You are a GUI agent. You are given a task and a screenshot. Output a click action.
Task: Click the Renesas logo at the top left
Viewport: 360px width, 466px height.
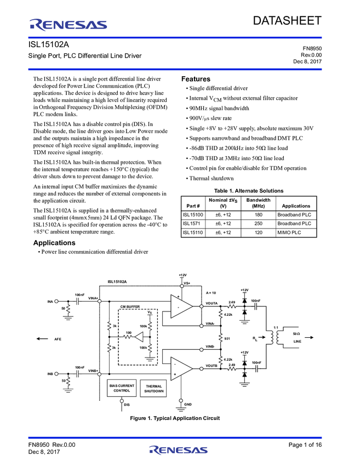pyautogui.click(x=68, y=25)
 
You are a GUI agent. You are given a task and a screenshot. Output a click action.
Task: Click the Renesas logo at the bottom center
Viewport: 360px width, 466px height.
pyautogui.click(x=179, y=451)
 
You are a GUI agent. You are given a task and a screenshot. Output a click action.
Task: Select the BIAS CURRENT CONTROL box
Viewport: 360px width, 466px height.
pyautogui.click(x=122, y=388)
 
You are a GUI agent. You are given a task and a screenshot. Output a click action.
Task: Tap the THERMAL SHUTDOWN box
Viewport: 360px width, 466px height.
pyautogui.click(x=154, y=389)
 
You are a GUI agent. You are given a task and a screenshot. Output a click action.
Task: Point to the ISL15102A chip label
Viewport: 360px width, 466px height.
pyautogui.click(x=122, y=281)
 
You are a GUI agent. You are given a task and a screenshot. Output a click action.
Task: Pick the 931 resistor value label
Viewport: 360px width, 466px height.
pyautogui.click(x=227, y=338)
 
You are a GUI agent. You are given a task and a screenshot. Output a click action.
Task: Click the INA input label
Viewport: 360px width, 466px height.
pyautogui.click(x=50, y=301)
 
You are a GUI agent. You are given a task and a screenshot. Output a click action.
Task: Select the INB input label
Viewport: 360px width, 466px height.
pyautogui.click(x=50, y=374)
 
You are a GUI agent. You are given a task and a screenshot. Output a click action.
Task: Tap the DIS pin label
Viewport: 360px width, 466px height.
pyautogui.click(x=127, y=405)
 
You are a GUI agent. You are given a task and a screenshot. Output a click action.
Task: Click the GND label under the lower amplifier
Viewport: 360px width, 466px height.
pyautogui.click(x=188, y=404)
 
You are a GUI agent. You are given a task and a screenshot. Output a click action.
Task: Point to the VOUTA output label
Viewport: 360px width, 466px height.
pyautogui.click(x=212, y=303)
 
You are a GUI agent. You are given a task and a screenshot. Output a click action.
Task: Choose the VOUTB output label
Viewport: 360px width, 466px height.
pyautogui.click(x=212, y=366)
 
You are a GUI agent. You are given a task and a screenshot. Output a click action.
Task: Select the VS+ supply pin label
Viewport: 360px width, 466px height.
pyautogui.click(x=187, y=283)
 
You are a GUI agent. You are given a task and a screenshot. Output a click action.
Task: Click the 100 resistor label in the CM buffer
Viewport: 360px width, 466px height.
pyautogui.click(x=129, y=332)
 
